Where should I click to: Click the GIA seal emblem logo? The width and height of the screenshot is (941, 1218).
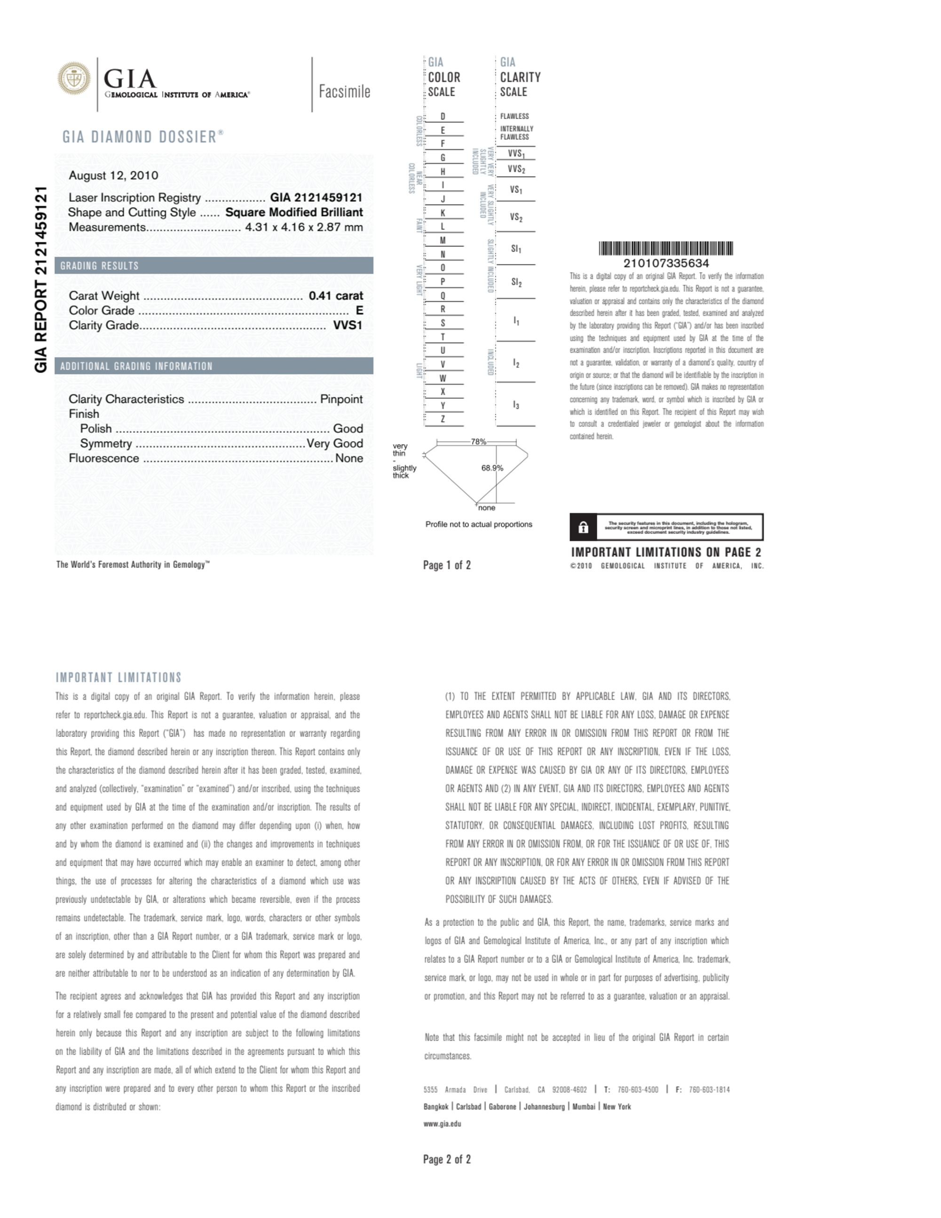pos(74,79)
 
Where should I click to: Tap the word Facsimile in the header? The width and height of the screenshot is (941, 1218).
pos(344,91)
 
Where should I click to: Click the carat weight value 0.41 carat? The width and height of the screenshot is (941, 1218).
pos(336,296)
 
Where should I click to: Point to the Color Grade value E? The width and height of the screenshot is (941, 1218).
pos(359,311)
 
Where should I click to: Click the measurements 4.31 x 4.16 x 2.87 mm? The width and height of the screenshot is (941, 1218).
pos(304,228)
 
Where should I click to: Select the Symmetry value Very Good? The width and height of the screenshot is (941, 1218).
pos(335,444)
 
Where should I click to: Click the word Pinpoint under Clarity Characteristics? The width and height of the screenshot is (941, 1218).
pos(341,399)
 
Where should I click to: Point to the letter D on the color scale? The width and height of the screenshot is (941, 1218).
pos(443,117)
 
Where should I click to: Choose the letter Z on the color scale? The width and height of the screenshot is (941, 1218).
pos(443,419)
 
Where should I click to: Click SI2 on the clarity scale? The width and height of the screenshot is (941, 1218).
pos(516,283)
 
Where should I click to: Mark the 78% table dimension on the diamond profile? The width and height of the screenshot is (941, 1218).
pos(478,442)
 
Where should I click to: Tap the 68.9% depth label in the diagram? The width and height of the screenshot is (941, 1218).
pos(492,468)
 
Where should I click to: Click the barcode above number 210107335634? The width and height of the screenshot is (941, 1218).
pos(665,249)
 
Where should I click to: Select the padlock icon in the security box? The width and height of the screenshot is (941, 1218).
pos(584,528)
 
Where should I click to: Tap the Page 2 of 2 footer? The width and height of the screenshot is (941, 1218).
pos(447,1159)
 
